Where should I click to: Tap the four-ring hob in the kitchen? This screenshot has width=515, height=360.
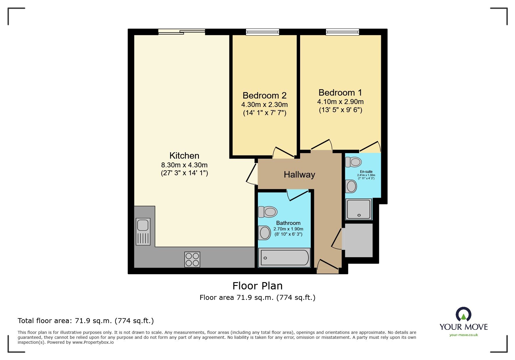pos(192,259)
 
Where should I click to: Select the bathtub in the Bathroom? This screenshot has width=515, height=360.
pos(284,257)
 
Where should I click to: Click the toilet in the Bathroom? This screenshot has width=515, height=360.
pos(268,212)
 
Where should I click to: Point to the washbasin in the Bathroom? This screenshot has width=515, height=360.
pos(265,233)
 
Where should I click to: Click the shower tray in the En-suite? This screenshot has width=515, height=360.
pos(359,209)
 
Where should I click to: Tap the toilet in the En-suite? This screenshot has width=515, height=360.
pos(354,162)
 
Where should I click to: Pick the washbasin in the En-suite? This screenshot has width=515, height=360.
pos(351,186)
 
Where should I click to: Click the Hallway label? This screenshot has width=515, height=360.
pos(299,175)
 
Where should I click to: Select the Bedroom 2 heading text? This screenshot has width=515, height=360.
pos(264,95)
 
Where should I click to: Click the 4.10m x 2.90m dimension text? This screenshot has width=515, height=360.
pos(340,102)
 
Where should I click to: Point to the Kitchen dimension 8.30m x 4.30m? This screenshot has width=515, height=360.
pos(184,165)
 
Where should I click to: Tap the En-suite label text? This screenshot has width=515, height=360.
pos(366,172)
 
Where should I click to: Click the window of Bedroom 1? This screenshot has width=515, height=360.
pos(342,32)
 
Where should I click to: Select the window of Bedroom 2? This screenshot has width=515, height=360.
pos(262,32)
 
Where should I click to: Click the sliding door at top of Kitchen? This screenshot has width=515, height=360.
pos(182,32)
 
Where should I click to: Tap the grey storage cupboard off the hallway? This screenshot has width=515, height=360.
pos(359,240)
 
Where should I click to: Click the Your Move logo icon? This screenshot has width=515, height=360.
pos(463,315)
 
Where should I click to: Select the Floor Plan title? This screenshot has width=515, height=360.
pos(257,286)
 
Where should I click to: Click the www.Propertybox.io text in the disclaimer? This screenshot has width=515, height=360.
pos(93,342)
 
